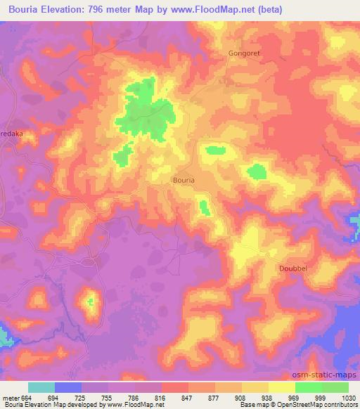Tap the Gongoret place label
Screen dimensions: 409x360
(x=243, y=53)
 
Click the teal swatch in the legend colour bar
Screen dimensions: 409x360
(x=41, y=387)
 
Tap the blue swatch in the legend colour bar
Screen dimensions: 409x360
(x=68, y=387)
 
